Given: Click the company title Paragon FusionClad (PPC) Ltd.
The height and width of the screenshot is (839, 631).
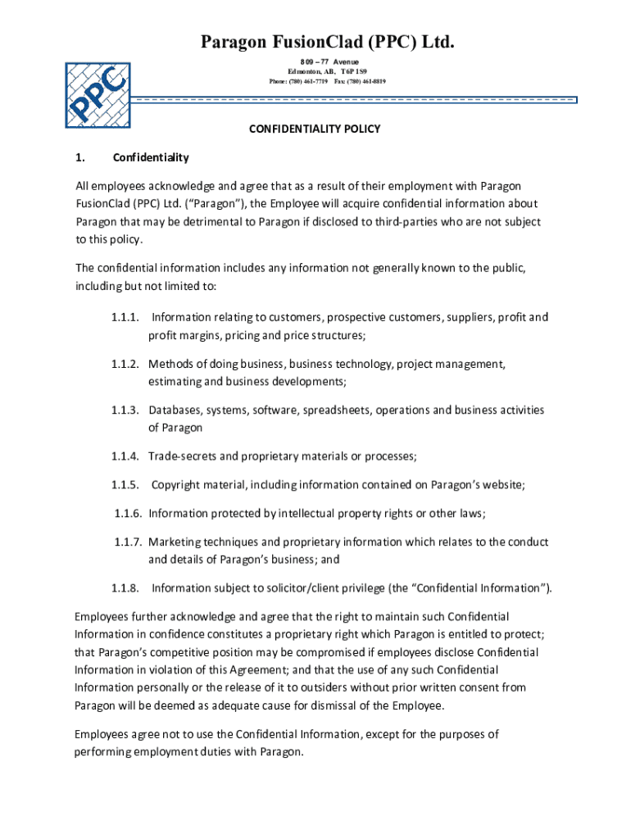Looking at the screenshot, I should (x=315, y=41).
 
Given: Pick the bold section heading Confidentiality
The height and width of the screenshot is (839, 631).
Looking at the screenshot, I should (x=151, y=157).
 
